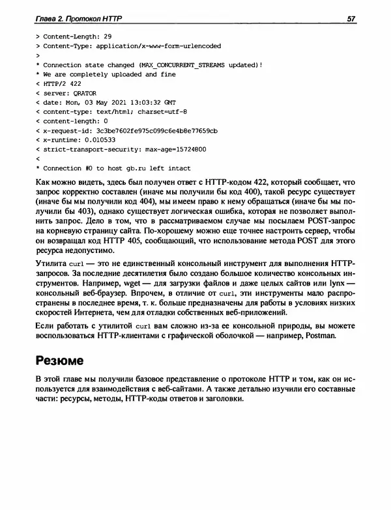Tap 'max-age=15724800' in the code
pos(175,148)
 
